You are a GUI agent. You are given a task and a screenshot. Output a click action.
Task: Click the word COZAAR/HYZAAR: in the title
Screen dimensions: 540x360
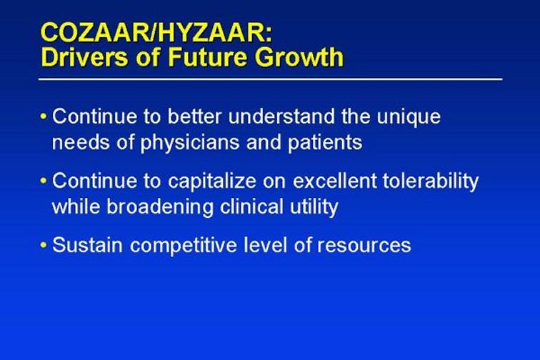[156, 32]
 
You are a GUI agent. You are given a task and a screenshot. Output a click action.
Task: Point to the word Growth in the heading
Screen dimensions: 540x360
[299, 57]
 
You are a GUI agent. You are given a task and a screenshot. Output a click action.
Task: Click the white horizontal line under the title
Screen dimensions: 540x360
[270, 79]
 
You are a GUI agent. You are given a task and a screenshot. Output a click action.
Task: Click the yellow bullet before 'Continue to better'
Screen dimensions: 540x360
[43, 116]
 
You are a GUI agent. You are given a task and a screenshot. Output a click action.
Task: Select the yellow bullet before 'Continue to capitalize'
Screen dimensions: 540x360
[43, 181]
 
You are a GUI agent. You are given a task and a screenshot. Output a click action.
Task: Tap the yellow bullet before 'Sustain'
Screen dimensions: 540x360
[43, 245]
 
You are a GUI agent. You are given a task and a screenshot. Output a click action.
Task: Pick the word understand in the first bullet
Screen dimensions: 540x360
[281, 116]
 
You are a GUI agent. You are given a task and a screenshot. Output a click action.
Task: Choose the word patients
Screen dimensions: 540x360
[325, 142]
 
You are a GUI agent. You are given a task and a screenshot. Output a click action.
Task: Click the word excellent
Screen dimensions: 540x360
[335, 181]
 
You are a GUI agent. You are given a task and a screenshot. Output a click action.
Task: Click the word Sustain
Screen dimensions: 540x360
[87, 245]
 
